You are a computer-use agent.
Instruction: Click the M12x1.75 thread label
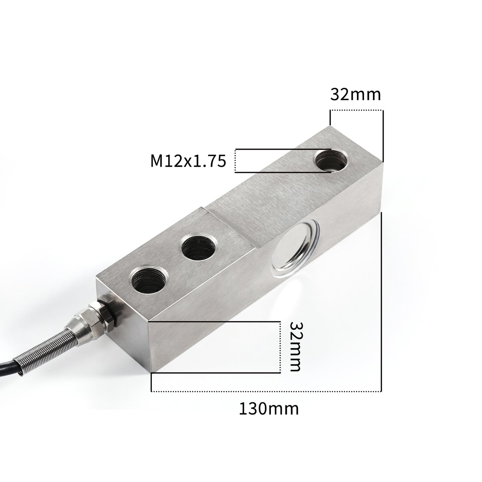pos(188,161)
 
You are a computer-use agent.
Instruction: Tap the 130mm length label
pos(269,409)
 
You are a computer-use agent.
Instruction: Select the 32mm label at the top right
pos(356,95)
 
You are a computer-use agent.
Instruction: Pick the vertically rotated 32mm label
pos(296,347)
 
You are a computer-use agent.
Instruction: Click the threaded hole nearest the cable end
pos(146,279)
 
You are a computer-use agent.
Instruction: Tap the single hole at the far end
pos(331,160)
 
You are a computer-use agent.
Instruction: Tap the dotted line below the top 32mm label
pos(356,110)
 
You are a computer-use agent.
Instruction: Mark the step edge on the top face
pos(230,228)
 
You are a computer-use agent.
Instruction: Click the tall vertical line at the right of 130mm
pos(381,300)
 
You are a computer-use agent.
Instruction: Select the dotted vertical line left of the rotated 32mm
pos(280,347)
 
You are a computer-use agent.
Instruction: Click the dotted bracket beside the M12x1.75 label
pos(235,161)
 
